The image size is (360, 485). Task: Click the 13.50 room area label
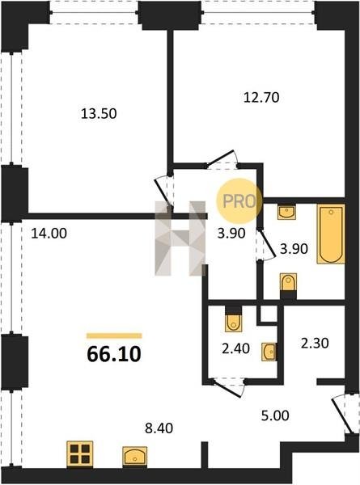click(x=99, y=113)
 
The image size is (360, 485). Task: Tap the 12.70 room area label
click(x=261, y=98)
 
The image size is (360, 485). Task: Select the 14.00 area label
click(x=49, y=234)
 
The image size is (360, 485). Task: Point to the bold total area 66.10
click(x=114, y=354)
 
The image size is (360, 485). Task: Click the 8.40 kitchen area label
click(x=159, y=428)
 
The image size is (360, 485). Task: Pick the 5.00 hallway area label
click(x=275, y=415)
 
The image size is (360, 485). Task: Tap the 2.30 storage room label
click(x=315, y=344)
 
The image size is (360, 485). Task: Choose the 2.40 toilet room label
click(x=236, y=348)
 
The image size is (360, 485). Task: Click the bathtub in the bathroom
click(x=331, y=234)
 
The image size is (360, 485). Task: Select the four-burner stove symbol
click(x=80, y=453)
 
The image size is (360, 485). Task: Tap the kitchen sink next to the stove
click(x=134, y=456)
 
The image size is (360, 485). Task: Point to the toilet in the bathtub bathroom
click(x=288, y=282)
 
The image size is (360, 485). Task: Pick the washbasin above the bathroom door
click(x=287, y=212)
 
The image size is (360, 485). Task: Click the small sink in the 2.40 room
click(x=269, y=352)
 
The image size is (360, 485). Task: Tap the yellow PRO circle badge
click(x=239, y=201)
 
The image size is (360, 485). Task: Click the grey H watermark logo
click(x=180, y=238)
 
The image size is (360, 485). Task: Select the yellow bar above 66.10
click(x=114, y=336)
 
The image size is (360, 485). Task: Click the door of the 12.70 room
click(x=222, y=158)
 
